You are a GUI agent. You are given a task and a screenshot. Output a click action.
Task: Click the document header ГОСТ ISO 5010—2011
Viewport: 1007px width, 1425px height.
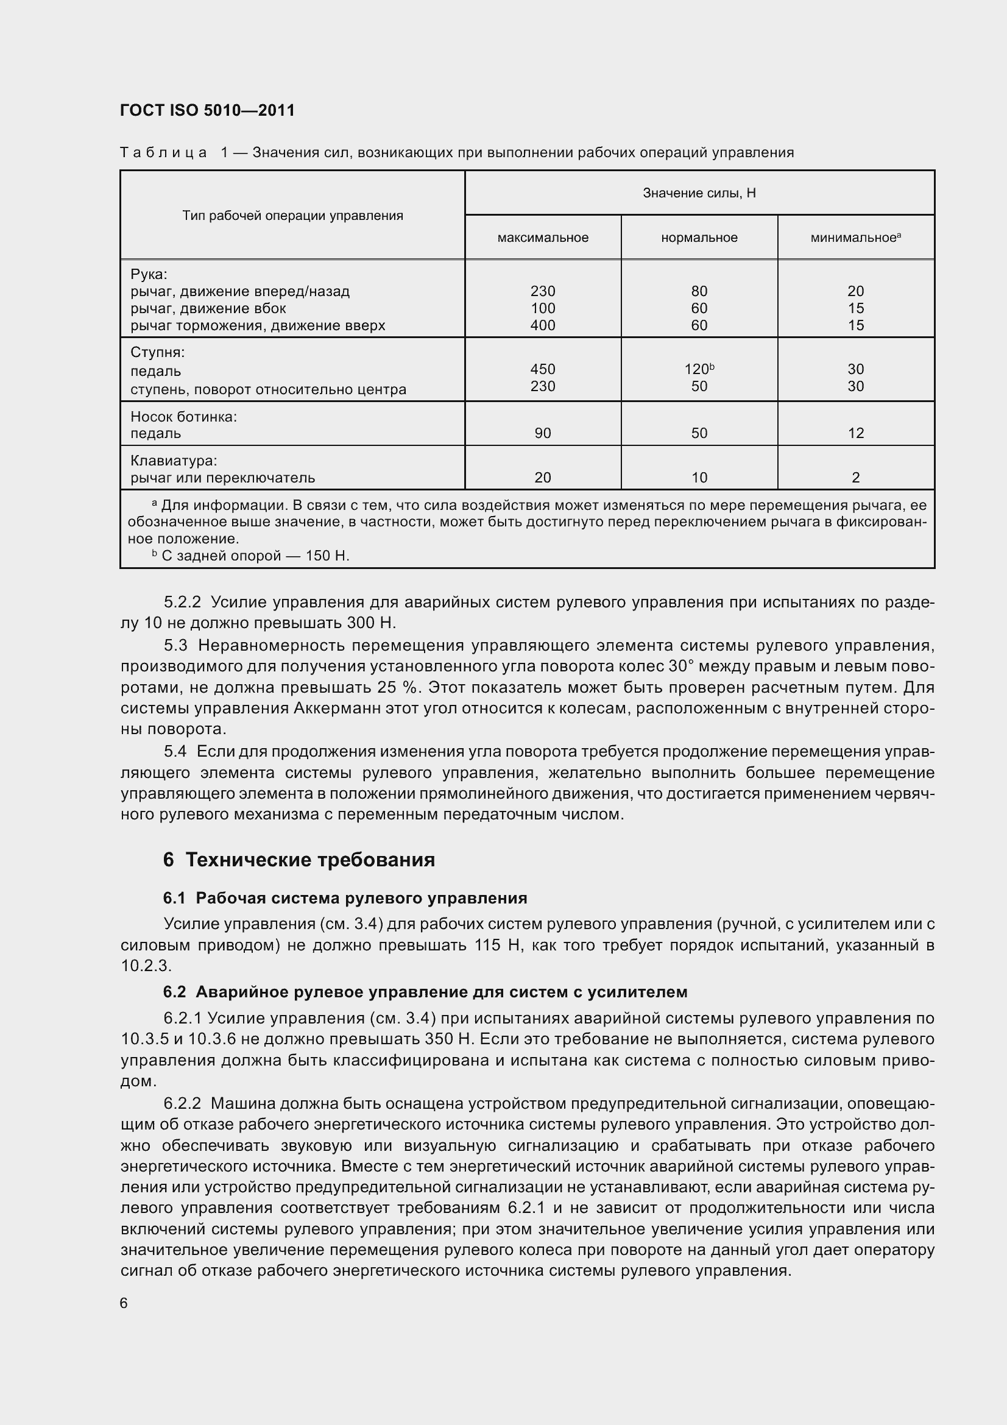point(207,110)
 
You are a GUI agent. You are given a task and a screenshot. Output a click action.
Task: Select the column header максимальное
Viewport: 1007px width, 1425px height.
point(543,238)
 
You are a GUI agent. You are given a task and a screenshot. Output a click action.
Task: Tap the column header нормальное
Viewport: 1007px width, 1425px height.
point(699,238)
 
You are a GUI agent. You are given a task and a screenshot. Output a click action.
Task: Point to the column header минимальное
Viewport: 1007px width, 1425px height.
point(854,238)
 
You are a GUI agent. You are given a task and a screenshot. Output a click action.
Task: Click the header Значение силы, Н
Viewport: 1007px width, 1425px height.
point(699,193)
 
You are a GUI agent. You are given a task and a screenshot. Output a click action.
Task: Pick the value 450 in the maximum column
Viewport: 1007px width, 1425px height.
point(543,369)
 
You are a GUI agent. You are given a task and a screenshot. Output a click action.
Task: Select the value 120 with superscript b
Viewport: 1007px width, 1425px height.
point(699,369)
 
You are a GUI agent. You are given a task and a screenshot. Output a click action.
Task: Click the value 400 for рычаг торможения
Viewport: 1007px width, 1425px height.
point(543,325)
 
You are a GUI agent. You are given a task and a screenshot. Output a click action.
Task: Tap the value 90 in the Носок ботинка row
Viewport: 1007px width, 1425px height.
point(543,433)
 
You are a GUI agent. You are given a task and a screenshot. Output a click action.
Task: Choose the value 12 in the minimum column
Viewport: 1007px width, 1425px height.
point(855,433)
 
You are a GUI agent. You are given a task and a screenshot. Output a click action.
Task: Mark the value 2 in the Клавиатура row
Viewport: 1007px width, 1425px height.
point(855,477)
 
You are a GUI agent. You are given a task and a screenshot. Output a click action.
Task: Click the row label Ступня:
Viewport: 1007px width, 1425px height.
point(158,353)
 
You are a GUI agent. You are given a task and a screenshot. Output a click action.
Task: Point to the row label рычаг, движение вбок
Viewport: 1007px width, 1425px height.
point(208,308)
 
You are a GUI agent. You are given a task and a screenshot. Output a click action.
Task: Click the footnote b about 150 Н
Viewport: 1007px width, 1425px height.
point(251,556)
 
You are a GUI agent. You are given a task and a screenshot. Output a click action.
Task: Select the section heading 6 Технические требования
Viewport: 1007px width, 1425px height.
point(299,860)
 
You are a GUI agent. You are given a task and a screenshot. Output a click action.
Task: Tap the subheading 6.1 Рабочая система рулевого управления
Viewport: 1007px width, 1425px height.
point(345,898)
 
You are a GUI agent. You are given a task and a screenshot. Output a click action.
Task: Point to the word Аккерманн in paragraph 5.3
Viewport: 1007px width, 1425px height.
point(333,708)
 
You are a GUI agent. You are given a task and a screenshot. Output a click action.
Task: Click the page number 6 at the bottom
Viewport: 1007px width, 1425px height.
point(124,1303)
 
